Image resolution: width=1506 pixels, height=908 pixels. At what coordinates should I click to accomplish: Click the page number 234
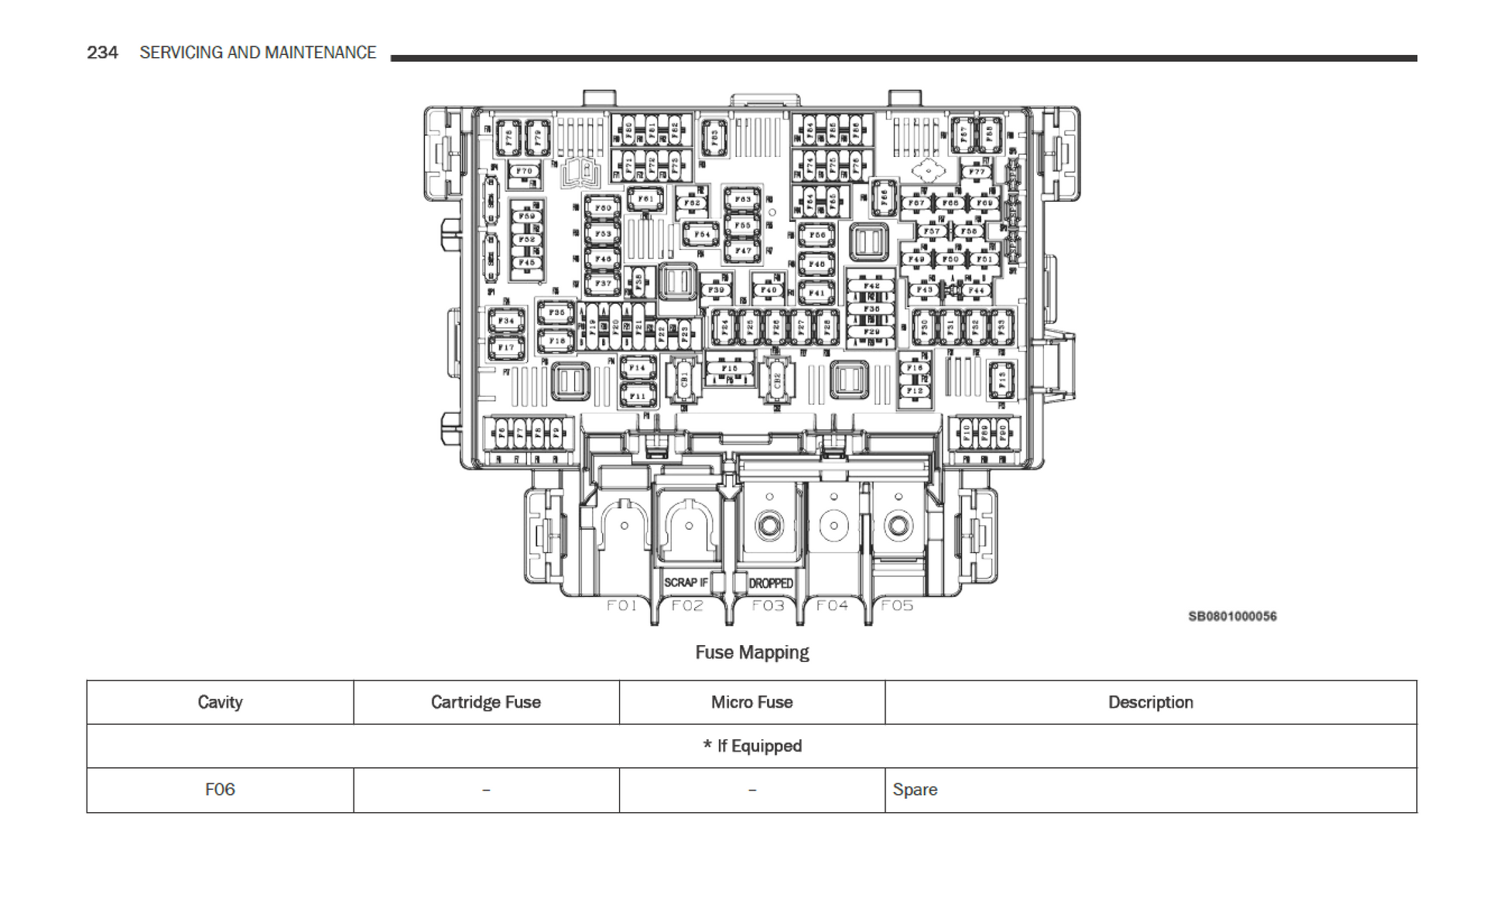click(x=102, y=53)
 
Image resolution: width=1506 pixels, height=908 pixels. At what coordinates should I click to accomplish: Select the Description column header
click(x=1150, y=702)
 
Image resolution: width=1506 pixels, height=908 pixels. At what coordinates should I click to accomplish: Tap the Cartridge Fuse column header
click(x=485, y=702)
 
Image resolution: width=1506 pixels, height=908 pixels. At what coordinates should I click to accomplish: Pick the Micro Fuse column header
click(x=751, y=702)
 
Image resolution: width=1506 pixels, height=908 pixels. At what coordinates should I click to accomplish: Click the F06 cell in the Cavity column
click(x=220, y=790)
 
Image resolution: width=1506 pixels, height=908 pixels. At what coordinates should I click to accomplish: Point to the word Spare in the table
click(x=915, y=790)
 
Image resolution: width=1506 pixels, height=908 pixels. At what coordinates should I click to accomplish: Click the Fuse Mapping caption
click(x=751, y=653)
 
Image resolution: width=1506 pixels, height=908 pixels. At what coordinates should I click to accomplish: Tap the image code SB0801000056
click(x=1232, y=616)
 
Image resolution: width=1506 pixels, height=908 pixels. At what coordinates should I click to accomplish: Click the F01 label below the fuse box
click(x=621, y=606)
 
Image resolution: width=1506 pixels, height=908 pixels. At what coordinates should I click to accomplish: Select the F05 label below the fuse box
click(x=897, y=606)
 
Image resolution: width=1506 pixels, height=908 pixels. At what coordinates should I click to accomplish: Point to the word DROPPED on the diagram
click(x=771, y=583)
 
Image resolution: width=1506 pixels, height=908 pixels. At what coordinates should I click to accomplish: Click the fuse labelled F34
click(x=506, y=320)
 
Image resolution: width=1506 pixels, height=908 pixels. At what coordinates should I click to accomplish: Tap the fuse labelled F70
click(x=525, y=172)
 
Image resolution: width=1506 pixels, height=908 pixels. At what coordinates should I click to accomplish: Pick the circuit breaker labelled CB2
click(x=777, y=381)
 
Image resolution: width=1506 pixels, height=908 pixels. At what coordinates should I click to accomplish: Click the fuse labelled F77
click(x=977, y=172)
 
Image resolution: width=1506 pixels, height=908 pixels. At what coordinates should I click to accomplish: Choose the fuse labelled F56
click(x=817, y=234)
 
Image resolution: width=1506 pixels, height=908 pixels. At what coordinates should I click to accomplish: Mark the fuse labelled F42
click(x=871, y=286)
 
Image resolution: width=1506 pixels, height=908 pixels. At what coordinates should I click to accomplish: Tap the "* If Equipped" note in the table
click(x=751, y=746)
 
